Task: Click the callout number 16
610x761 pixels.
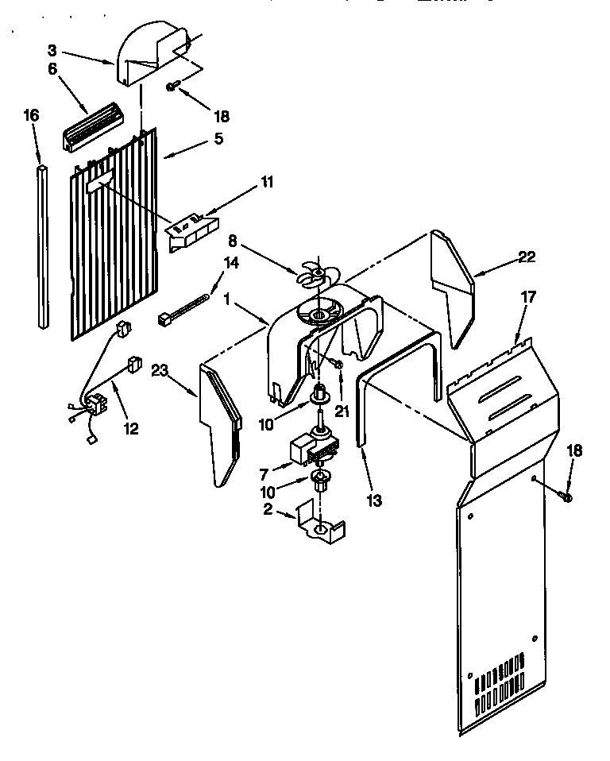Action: click(31, 116)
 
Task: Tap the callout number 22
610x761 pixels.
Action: click(525, 257)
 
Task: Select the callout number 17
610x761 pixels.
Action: click(528, 297)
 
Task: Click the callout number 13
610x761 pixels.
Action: click(375, 500)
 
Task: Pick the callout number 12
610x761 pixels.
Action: click(130, 428)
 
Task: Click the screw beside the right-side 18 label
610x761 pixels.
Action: click(565, 496)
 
